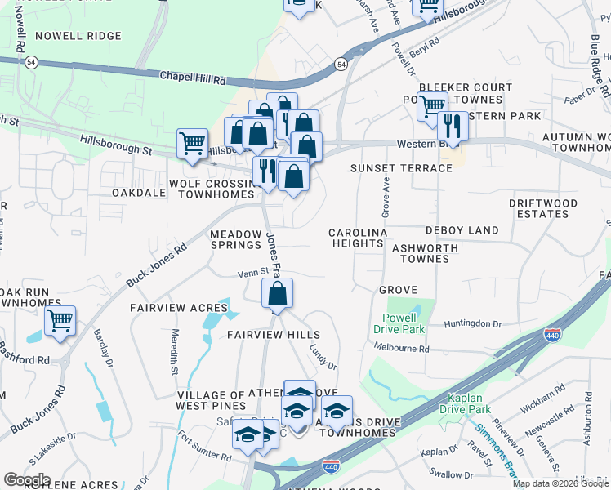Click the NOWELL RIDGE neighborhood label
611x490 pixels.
click(78, 36)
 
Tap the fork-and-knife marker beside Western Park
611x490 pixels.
click(453, 126)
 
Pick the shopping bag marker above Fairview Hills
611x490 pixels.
click(278, 294)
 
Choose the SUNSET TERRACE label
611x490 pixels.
click(401, 168)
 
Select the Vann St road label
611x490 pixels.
click(253, 274)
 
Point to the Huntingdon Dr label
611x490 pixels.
click(473, 324)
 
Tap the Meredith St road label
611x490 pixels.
click(174, 351)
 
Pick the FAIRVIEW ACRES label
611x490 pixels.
click(179, 308)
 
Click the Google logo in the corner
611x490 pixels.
click(28, 479)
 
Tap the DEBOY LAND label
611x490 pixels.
click(462, 231)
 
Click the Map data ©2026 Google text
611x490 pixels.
click(560, 483)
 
